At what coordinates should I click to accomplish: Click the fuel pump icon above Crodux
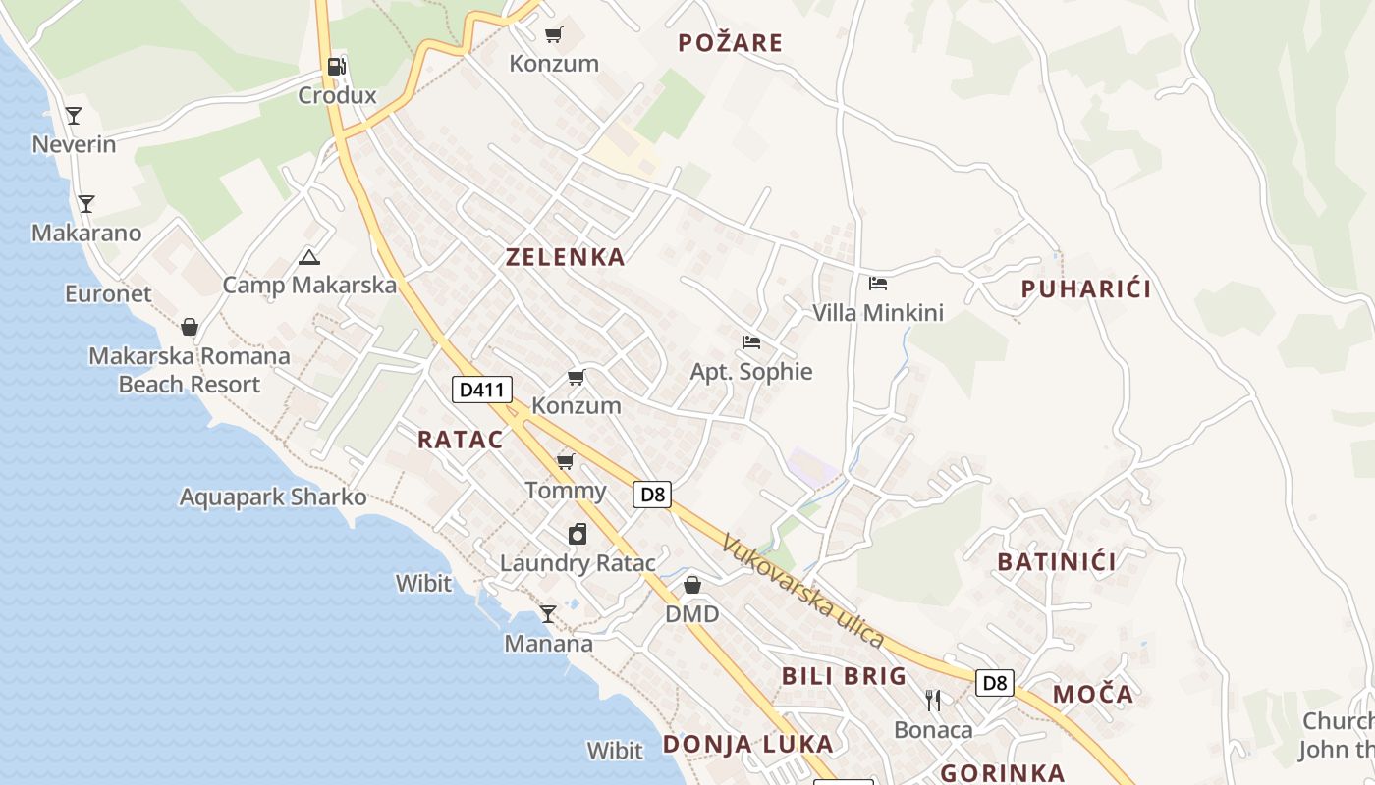click(x=336, y=67)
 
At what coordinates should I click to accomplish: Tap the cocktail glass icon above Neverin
click(x=74, y=116)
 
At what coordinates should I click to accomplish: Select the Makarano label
click(x=86, y=234)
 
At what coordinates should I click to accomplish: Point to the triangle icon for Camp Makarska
click(x=309, y=258)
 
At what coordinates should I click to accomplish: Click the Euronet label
click(x=108, y=293)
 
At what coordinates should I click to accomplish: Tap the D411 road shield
click(x=481, y=390)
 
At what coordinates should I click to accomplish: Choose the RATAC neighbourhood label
click(x=460, y=440)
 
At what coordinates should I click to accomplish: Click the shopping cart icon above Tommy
click(x=565, y=461)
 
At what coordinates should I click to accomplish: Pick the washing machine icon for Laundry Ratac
click(x=577, y=534)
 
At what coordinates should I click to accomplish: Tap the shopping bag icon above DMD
click(x=692, y=585)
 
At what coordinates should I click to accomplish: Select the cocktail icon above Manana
click(x=548, y=614)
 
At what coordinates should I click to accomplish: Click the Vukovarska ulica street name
click(x=802, y=590)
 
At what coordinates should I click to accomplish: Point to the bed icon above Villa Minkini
click(x=878, y=284)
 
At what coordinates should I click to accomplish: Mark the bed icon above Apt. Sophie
click(x=751, y=342)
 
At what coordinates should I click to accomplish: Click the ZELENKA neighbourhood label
click(x=565, y=257)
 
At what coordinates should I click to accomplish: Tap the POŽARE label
click(x=731, y=42)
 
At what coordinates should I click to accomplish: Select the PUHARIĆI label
click(x=1085, y=288)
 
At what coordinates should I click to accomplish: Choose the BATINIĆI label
click(x=1057, y=562)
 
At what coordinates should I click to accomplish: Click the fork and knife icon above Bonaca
click(x=933, y=701)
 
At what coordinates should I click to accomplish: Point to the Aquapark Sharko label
click(x=273, y=497)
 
